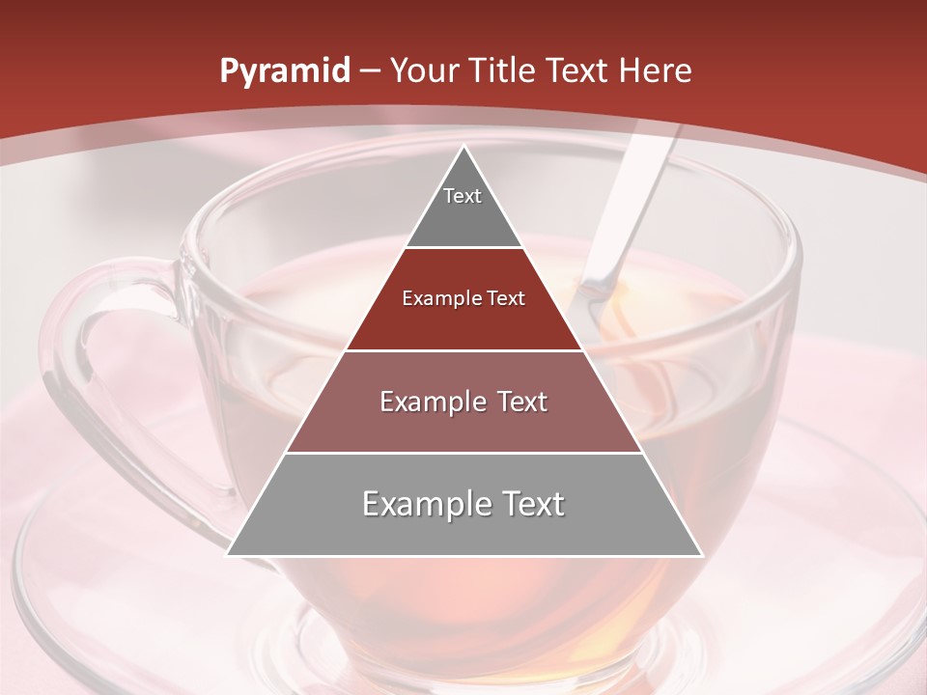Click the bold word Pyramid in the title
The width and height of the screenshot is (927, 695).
pyautogui.click(x=284, y=71)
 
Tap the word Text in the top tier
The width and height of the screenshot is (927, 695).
pyautogui.click(x=463, y=196)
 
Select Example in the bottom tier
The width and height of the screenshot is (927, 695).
pyautogui.click(x=425, y=504)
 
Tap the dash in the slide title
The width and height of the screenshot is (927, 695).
pyautogui.click(x=370, y=71)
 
